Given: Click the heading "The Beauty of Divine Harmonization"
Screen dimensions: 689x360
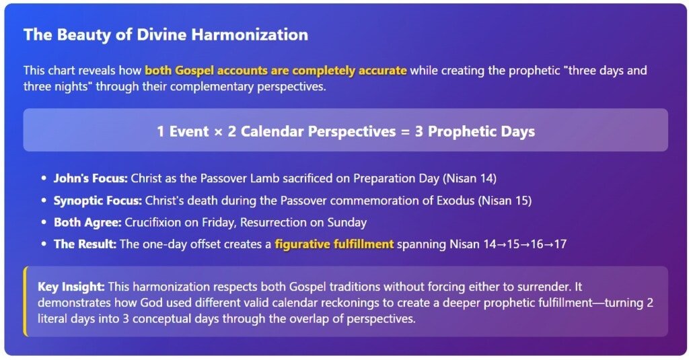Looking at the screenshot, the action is (166, 35).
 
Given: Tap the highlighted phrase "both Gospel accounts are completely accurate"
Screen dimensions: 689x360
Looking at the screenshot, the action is (276, 71).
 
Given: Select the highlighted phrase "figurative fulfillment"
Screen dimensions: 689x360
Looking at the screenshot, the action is (334, 244).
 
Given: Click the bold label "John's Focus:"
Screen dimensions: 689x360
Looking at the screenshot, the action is (91, 178).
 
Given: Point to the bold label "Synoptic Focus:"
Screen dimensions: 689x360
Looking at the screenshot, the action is (98, 201).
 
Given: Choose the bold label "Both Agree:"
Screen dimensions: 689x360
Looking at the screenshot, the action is (87, 223).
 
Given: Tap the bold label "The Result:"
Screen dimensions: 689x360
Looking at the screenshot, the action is (85, 244).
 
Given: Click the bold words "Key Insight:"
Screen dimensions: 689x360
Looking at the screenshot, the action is (71, 287).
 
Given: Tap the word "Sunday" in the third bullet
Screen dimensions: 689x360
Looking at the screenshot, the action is (347, 223).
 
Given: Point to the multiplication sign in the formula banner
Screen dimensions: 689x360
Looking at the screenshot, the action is (218, 131).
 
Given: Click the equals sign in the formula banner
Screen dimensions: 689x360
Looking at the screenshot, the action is (406, 131).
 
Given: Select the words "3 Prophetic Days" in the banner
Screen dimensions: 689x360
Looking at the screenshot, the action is (475, 131).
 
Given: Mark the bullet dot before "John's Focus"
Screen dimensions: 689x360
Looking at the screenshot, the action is (44, 178).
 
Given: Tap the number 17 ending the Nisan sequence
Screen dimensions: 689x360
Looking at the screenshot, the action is (560, 244).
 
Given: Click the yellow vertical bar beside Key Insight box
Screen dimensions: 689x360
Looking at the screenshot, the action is (26, 301).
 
